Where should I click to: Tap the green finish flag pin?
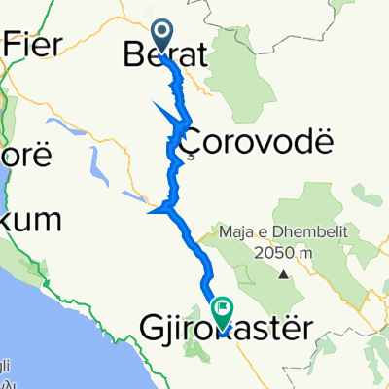tap(223, 311)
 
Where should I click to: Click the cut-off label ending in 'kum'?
tap(23, 215)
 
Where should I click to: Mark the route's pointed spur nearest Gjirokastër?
tap(148, 209)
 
